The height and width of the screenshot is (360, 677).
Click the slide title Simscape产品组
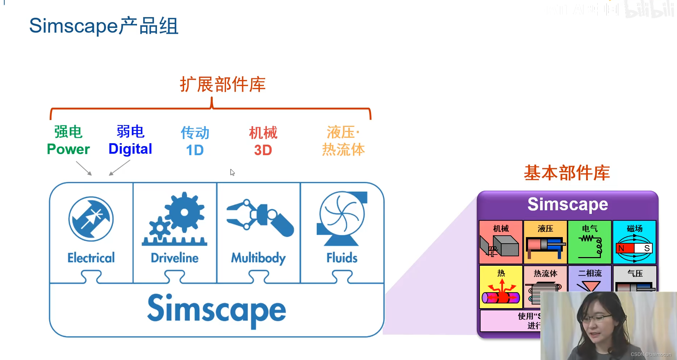click(x=104, y=26)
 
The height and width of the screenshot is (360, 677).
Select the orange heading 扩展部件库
click(x=223, y=84)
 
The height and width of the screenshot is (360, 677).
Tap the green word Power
click(x=68, y=149)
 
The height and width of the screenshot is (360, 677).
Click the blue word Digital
click(x=130, y=149)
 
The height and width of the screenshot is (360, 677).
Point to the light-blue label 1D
click(x=195, y=150)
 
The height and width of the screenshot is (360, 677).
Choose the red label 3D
click(x=263, y=150)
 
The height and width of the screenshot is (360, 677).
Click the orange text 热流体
click(x=343, y=150)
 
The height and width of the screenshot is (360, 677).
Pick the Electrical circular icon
click(x=91, y=219)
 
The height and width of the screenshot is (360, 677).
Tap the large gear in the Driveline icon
click(x=184, y=212)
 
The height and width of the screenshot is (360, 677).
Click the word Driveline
click(x=175, y=258)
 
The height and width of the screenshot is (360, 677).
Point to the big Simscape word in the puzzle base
click(x=216, y=310)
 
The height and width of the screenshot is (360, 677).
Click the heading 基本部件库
click(x=567, y=173)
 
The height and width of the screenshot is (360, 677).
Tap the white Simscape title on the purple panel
click(x=568, y=204)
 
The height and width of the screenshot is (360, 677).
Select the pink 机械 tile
click(x=501, y=242)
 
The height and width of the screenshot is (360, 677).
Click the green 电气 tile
click(x=590, y=242)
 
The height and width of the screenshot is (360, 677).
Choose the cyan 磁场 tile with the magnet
click(x=634, y=242)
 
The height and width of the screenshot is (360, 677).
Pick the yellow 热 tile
click(x=501, y=287)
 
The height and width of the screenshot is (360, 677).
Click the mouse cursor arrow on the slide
click(x=232, y=172)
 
